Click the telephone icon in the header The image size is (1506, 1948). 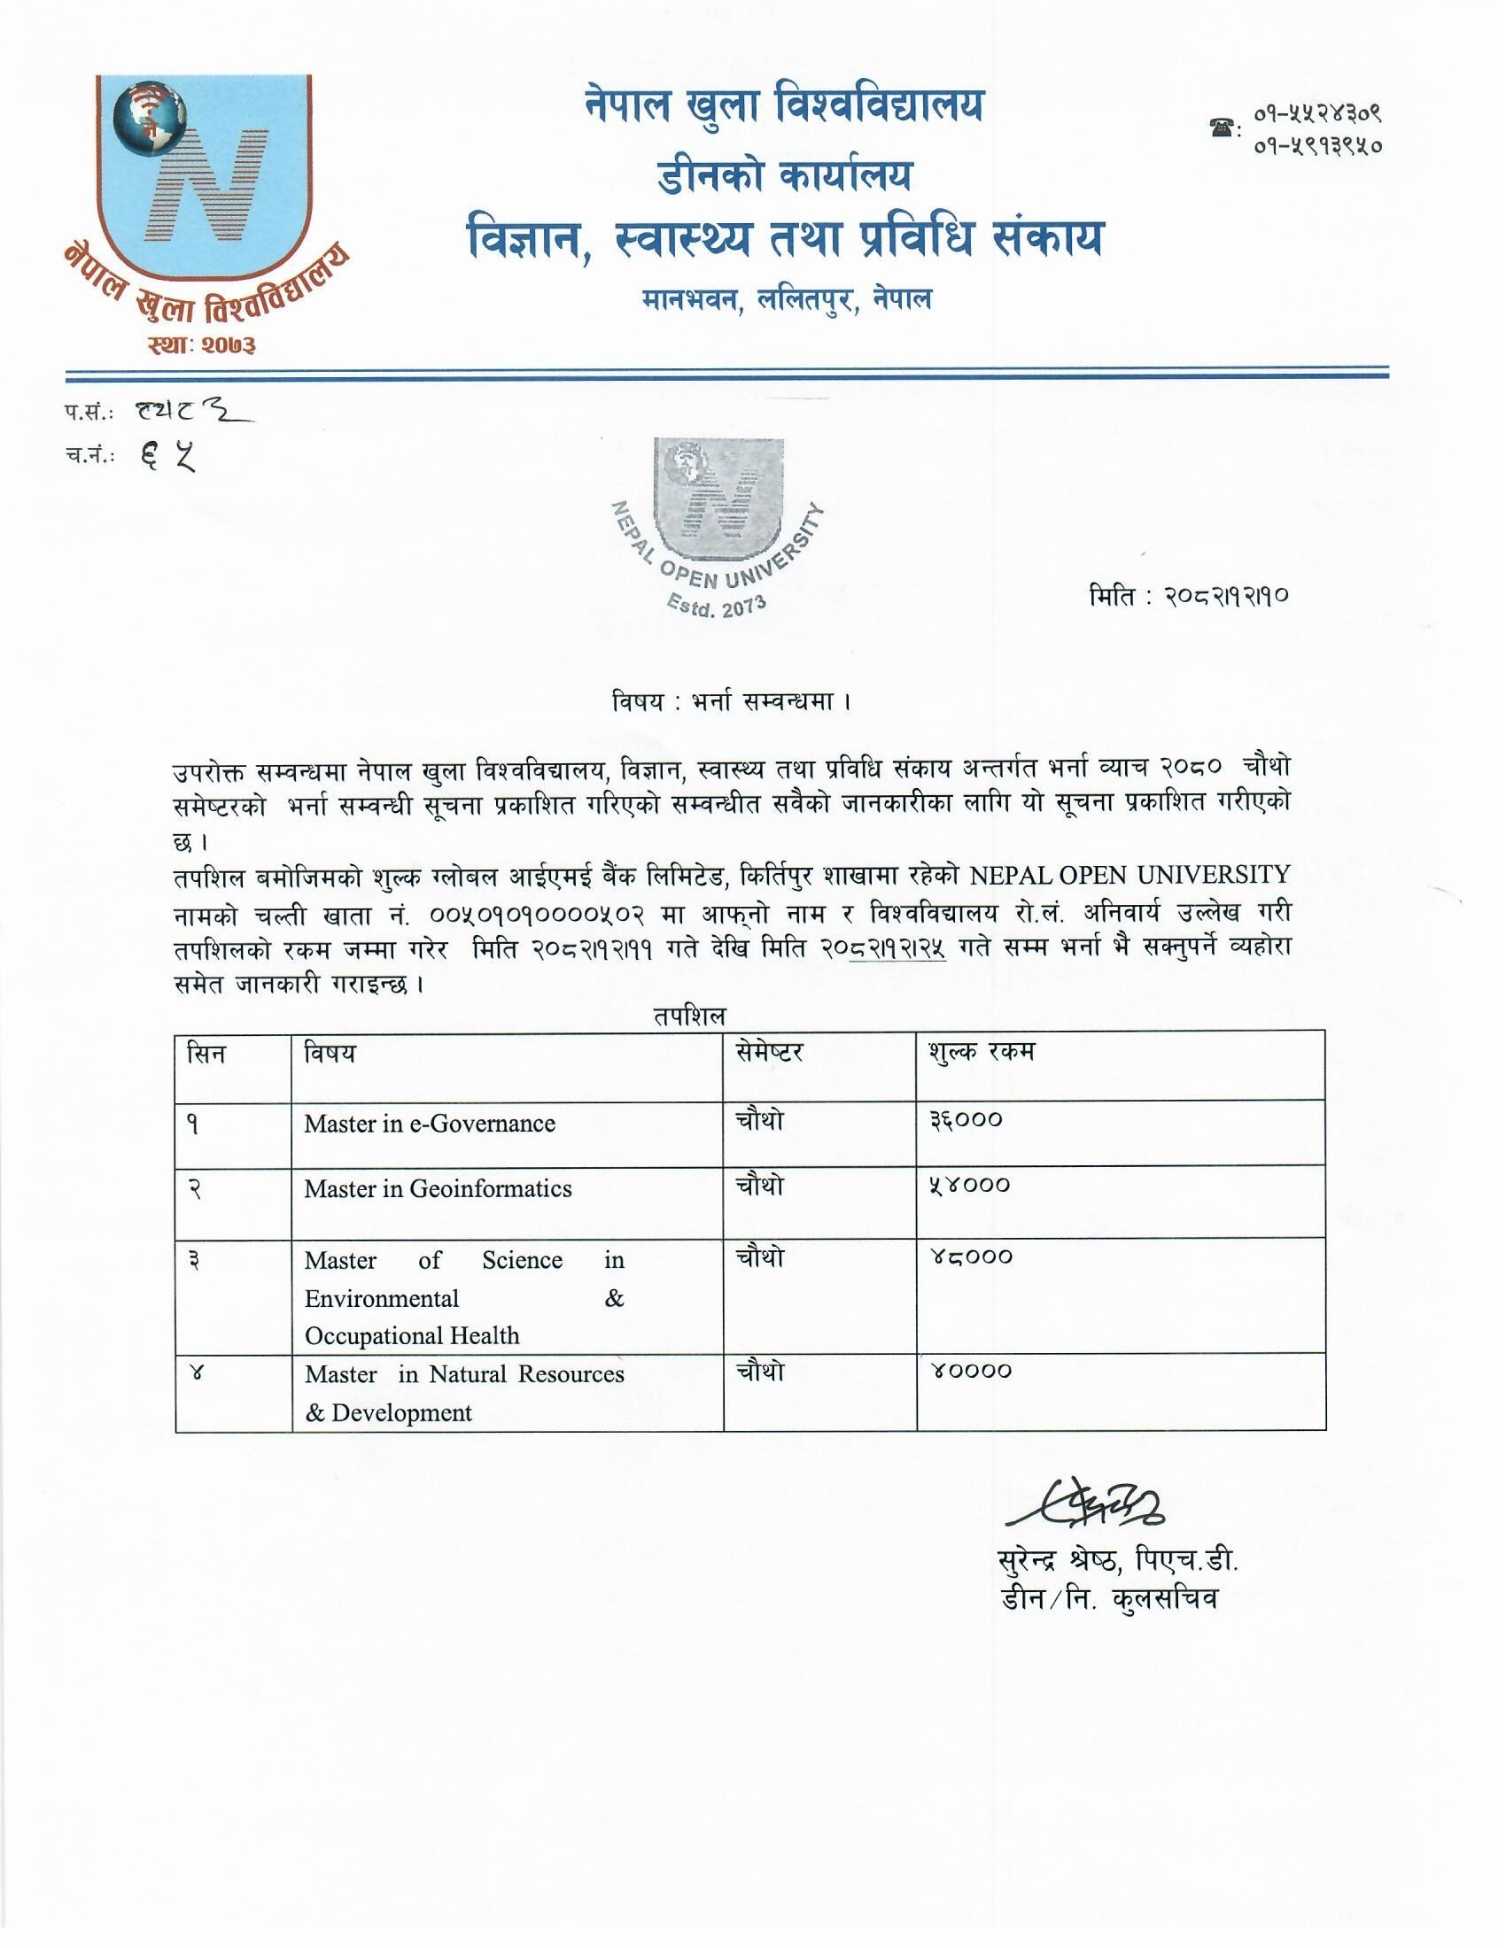click(1221, 127)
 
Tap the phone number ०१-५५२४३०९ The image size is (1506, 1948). click(1318, 114)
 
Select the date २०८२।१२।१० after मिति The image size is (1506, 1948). click(1226, 596)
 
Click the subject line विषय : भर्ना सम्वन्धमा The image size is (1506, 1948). click(732, 702)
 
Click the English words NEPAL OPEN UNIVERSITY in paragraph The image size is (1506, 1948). click(1129, 875)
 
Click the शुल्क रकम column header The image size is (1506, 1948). click(982, 1053)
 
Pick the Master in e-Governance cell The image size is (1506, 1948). click(429, 1124)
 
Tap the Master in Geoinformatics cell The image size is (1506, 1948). click(437, 1189)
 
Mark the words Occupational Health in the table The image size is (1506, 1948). click(411, 1335)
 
